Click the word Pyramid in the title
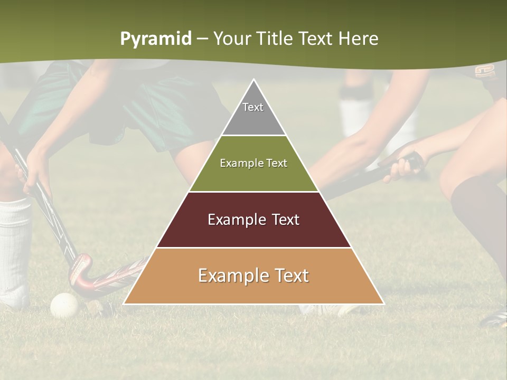[155, 39]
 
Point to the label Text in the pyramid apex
[253, 107]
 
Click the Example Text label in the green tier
[253, 163]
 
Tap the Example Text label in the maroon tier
[253, 220]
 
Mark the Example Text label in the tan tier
[253, 275]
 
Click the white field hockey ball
[64, 305]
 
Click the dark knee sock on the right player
[478, 211]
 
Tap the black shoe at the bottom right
[494, 319]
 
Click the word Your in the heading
[232, 39]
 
